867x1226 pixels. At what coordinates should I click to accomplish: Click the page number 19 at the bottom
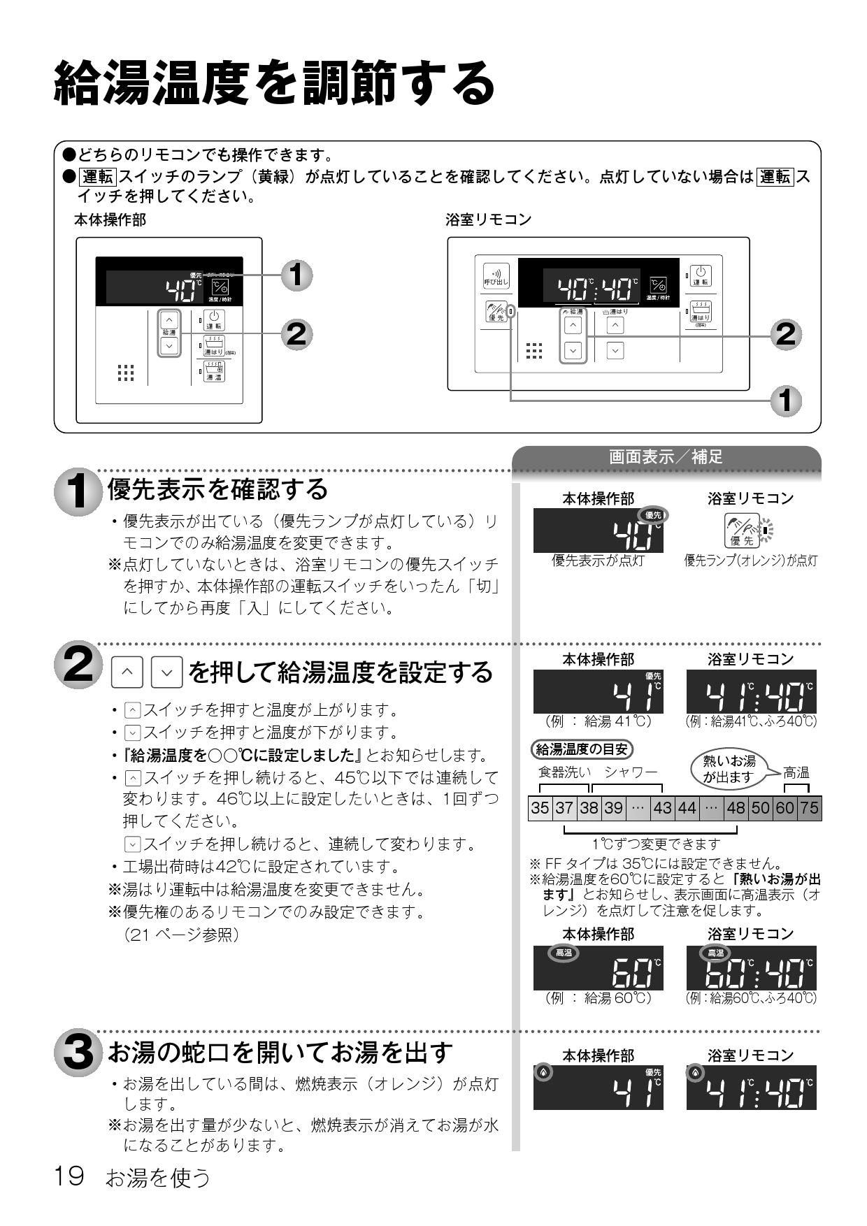click(69, 1176)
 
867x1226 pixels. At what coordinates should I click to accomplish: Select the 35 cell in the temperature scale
click(540, 808)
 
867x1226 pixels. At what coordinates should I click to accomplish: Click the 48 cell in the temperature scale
click(736, 808)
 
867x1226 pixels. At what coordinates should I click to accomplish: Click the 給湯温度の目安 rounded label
click(581, 749)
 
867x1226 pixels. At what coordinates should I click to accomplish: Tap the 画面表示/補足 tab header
click(666, 457)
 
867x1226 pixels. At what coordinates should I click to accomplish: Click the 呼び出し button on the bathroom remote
click(496, 277)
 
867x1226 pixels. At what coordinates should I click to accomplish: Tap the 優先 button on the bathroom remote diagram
click(496, 312)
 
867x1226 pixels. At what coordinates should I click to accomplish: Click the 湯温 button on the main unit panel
click(214, 372)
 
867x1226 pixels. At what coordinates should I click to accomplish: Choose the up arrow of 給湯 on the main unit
click(169, 321)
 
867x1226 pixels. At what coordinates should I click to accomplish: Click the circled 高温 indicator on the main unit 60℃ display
click(563, 953)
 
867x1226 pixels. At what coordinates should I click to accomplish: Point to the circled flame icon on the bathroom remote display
click(694, 1073)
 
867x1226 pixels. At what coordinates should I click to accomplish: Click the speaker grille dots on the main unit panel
click(126, 373)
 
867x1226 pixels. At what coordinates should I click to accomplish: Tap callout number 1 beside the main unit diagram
click(296, 275)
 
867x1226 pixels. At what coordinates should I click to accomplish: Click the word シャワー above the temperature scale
click(631, 772)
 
